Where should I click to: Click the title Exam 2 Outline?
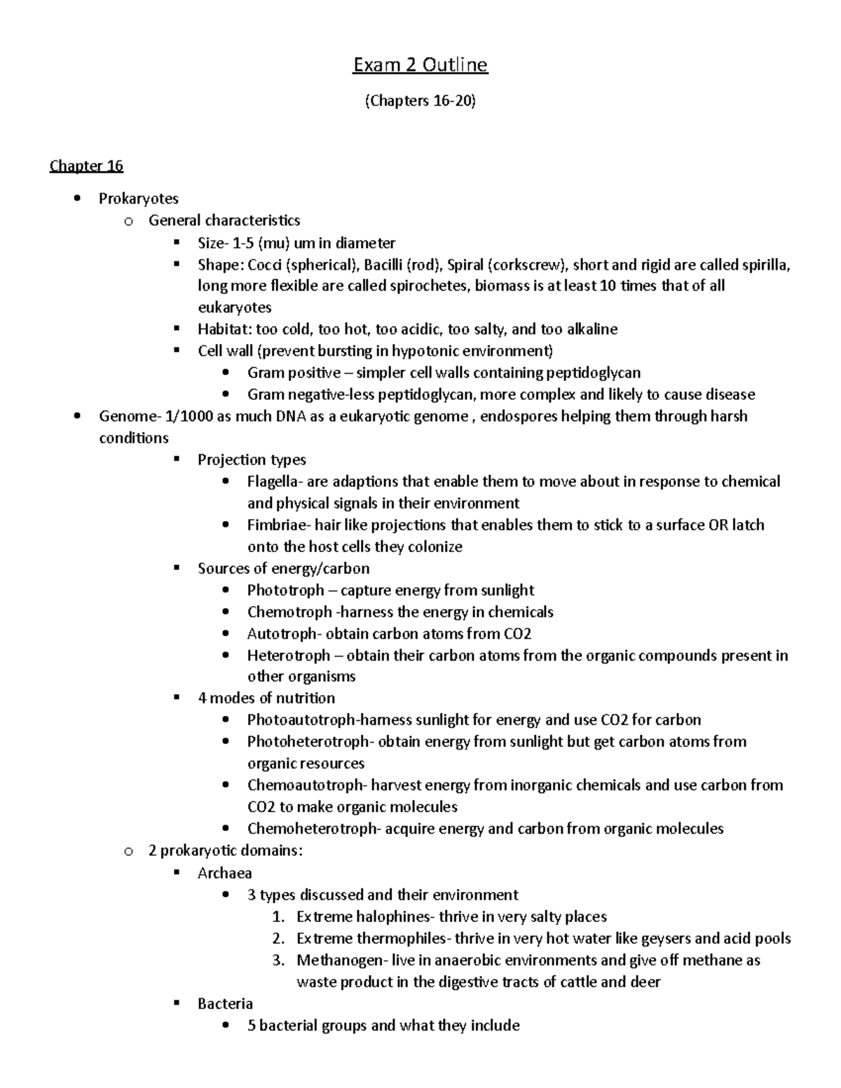click(x=420, y=65)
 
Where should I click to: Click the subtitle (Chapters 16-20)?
click(x=420, y=101)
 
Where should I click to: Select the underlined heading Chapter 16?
click(x=86, y=166)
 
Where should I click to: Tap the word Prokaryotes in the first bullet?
click(x=138, y=199)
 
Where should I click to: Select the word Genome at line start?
click(x=126, y=416)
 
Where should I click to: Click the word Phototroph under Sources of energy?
click(x=285, y=590)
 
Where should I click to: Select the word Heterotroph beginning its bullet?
click(x=288, y=656)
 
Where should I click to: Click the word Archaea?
click(x=224, y=873)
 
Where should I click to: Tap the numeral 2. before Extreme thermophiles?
click(x=278, y=938)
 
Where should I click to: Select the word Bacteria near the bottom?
click(x=225, y=1004)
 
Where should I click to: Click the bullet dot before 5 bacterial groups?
click(x=225, y=1026)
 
